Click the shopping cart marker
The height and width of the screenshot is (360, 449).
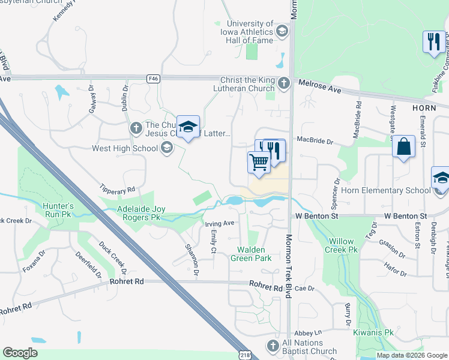click(259, 162)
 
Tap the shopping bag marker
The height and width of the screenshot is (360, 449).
click(404, 146)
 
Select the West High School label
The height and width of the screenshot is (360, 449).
click(125, 148)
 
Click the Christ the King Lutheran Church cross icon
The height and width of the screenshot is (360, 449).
click(284, 83)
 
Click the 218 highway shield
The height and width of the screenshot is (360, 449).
click(246, 355)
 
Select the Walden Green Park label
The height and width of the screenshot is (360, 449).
click(251, 254)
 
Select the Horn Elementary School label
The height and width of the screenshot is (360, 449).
click(385, 191)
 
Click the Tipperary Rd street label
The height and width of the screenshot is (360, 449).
click(118, 190)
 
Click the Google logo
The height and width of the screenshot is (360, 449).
click(20, 353)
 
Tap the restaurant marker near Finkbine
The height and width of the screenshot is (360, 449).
click(433, 42)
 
